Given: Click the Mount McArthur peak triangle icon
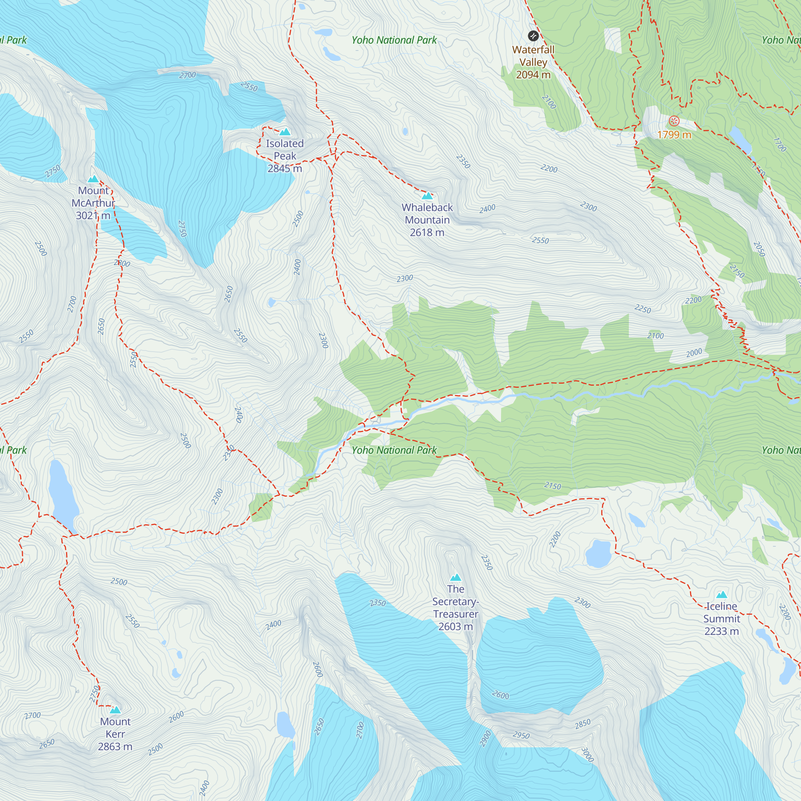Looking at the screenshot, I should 93,179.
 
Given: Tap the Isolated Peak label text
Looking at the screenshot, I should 285,150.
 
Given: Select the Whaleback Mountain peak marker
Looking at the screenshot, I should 427,196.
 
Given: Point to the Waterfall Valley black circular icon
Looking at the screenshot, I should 533,36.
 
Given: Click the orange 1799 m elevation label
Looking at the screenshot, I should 674,135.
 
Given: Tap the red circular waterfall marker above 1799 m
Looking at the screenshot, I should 674,121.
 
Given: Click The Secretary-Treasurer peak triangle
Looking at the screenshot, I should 456,578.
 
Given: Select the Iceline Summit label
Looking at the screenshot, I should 721,612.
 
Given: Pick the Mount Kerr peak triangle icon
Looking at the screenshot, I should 115,710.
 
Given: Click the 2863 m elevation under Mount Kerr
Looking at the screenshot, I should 115,747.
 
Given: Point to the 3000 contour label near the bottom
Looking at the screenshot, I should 588,755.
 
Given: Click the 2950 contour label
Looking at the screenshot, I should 521,735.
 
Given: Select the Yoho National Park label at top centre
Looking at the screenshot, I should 394,40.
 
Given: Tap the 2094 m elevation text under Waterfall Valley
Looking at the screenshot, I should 533,75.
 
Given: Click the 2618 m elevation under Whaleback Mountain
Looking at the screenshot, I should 427,233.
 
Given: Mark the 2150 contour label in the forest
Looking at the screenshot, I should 552,485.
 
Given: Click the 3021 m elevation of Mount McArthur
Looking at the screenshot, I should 93,215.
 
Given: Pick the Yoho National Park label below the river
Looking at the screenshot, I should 394,450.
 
